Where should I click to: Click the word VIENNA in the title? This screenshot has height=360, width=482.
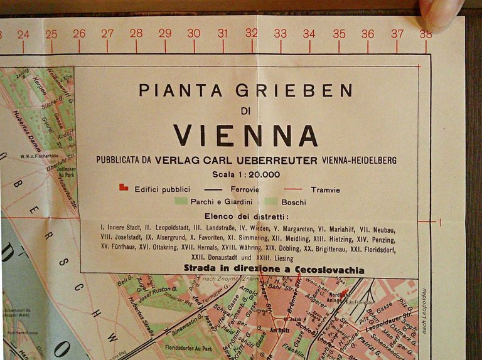[x=245, y=135]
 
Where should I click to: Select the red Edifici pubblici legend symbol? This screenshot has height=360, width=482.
[x=124, y=187]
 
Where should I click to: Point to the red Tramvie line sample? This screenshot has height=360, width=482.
[x=292, y=189]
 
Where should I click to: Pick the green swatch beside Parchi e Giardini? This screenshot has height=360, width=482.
[x=181, y=201]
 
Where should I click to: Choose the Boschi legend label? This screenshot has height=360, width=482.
[x=294, y=202]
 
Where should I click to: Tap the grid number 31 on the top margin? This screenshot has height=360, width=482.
[x=223, y=34]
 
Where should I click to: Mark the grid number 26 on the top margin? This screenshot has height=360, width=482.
[x=79, y=34]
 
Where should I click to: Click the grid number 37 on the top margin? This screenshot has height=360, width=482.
[x=397, y=33]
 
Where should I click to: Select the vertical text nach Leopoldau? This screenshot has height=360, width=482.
[x=424, y=310]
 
